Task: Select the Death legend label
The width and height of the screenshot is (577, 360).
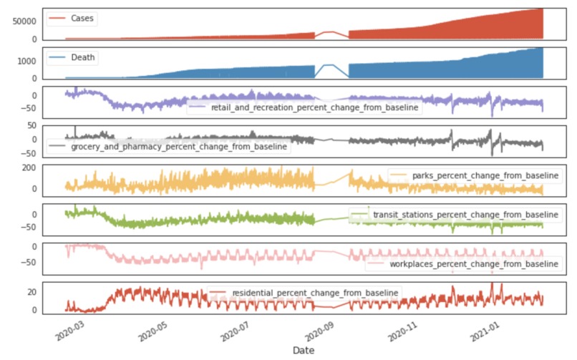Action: [83, 57]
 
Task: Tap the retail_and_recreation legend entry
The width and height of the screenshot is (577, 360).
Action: [315, 107]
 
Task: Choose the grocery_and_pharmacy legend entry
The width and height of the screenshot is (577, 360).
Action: [179, 146]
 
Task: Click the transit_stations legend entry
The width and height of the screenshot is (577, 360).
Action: [466, 215]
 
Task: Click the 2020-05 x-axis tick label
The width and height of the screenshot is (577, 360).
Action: [150, 331]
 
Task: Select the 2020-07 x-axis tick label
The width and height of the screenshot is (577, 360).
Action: [233, 331]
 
